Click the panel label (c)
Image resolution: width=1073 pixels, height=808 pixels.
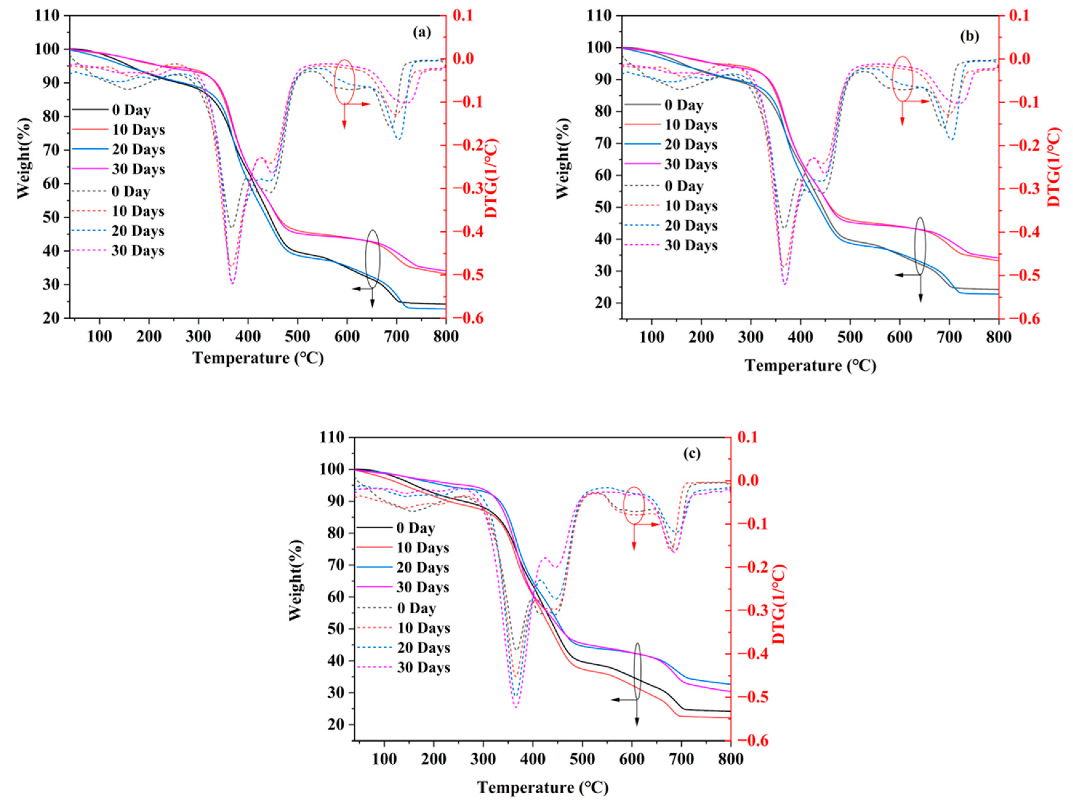pos(692,453)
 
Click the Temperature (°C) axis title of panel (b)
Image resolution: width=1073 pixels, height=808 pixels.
pos(811,366)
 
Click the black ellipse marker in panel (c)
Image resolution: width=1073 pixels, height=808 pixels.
pos(637,671)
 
